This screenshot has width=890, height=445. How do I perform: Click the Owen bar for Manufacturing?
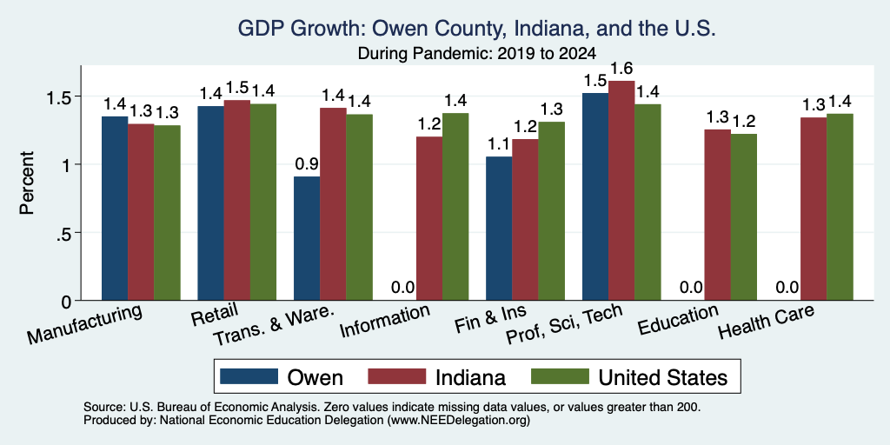pos(115,209)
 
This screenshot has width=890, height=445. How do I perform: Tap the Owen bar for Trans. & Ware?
pos(307,238)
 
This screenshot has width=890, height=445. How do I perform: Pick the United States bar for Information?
pos(455,207)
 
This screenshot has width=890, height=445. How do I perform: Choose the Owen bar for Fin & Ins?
pos(499,229)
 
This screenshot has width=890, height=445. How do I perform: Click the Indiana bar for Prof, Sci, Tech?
pos(621,190)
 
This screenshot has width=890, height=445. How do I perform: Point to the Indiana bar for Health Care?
pos(814,209)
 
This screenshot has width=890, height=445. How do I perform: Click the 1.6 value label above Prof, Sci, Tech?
pos(621,70)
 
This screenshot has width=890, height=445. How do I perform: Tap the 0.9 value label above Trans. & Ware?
pos(307,164)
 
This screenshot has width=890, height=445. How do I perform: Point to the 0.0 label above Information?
pos(402,288)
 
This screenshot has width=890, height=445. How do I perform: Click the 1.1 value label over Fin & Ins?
pos(499,145)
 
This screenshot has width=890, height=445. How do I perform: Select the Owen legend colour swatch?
pos(249,376)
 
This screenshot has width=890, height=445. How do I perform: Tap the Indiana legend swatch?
pos(396,376)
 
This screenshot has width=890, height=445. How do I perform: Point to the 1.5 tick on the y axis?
pos(61,96)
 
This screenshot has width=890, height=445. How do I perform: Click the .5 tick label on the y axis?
pos(65,233)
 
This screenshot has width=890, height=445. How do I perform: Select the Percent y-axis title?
pos(27,183)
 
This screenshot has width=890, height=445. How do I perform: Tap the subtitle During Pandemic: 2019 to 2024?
pos(476,54)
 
